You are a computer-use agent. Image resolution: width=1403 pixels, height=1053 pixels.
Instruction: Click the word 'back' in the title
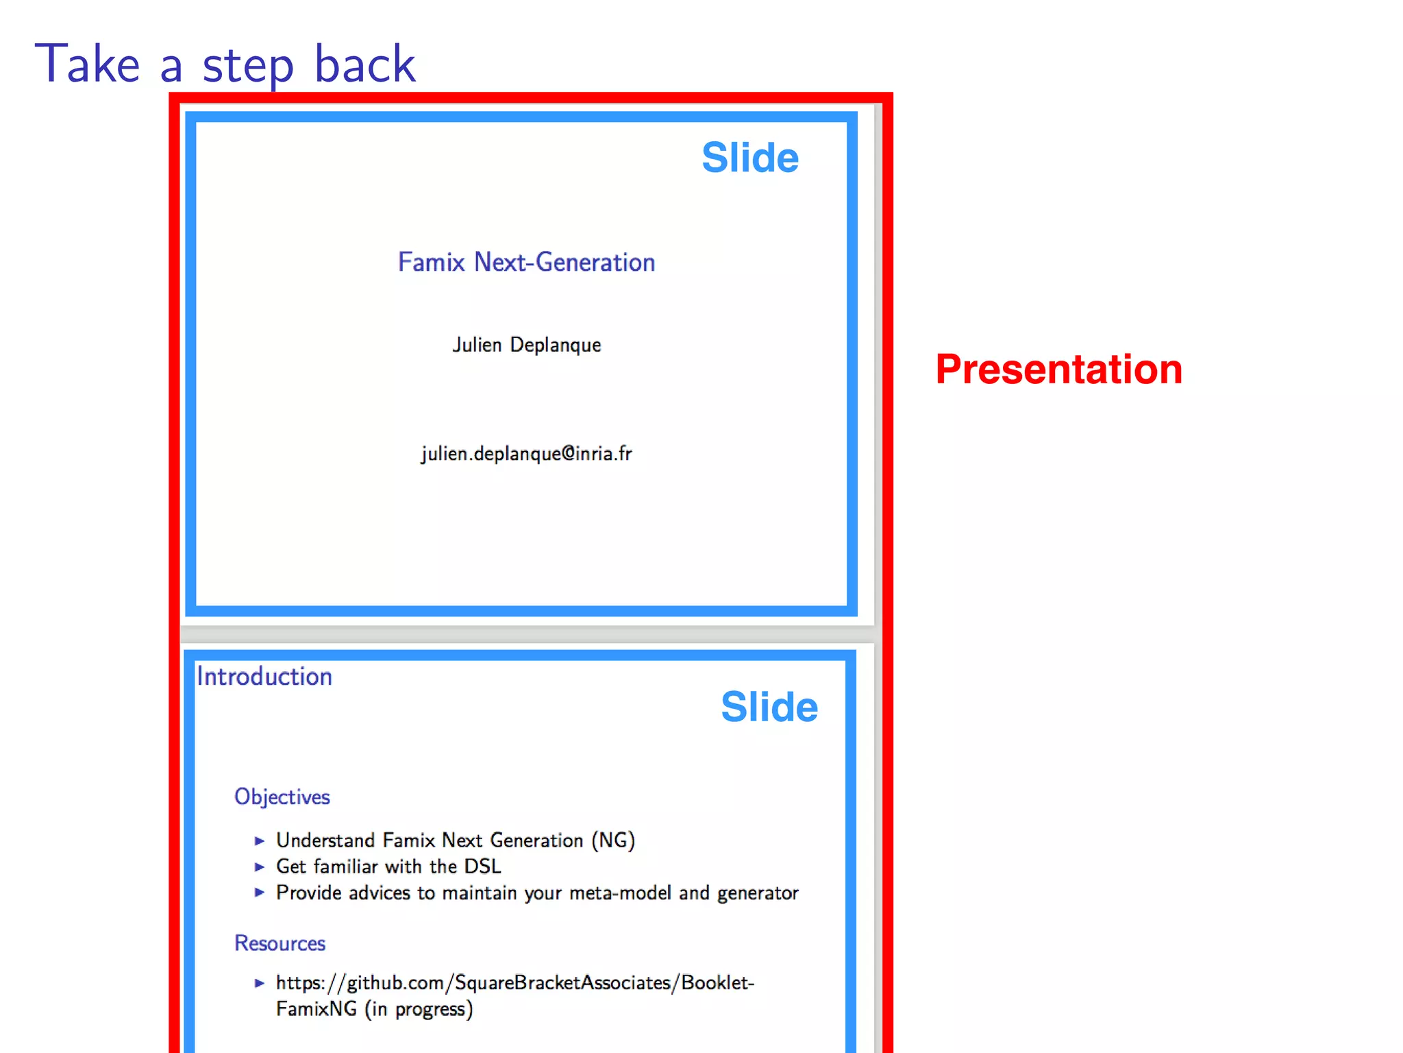364,64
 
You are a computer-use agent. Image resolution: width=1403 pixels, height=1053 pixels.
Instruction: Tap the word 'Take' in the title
88,64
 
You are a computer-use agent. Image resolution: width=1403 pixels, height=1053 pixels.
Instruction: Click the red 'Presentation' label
1058,370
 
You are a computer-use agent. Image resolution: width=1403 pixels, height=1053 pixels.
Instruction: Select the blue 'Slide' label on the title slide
749,158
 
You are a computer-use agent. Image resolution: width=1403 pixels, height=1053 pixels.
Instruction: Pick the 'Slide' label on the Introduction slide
769,707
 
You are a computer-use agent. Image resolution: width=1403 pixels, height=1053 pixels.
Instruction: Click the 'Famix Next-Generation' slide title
526,263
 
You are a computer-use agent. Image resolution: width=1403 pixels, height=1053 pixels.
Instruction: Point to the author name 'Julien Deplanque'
526,345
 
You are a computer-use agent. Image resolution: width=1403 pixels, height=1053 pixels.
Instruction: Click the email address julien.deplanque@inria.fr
526,454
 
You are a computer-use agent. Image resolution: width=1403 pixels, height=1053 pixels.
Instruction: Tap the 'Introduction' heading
264,677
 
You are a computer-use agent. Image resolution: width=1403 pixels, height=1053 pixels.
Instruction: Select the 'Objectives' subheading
282,797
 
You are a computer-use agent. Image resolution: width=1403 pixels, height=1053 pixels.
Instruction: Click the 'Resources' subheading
280,943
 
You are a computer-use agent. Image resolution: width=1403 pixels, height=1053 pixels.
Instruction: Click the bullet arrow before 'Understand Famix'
259,840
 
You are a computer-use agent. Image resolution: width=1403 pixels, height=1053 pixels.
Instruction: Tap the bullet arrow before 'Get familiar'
259,867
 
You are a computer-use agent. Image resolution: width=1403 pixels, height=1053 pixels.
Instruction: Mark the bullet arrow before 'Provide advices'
259,893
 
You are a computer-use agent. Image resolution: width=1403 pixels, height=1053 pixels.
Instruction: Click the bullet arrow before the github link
259,983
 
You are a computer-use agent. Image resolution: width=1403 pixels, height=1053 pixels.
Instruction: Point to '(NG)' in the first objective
613,840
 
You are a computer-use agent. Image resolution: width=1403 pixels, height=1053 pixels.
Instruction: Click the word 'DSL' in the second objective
482,867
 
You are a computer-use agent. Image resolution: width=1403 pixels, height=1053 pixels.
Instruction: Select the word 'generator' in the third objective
757,893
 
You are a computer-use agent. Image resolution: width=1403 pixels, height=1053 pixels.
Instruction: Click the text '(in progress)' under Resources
419,1009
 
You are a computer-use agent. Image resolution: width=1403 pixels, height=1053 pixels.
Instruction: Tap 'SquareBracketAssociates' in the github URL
562,983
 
